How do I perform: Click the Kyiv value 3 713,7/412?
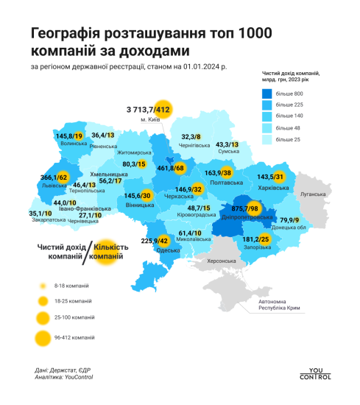pos(147,110)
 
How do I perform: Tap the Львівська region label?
pos(57,186)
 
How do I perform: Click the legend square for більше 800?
pos(269,94)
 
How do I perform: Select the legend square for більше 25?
pos(269,140)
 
